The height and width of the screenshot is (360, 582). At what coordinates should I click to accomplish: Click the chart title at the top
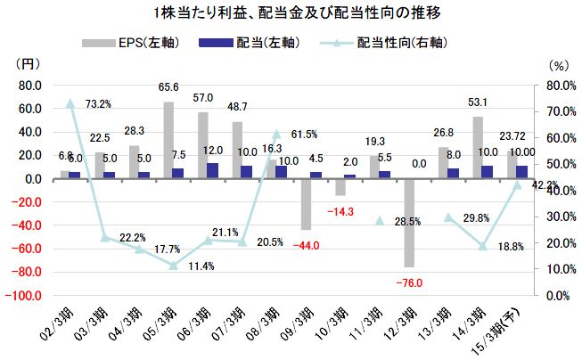pyautogui.click(x=291, y=13)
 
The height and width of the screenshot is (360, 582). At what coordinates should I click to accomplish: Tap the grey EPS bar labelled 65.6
pyautogui.click(x=168, y=140)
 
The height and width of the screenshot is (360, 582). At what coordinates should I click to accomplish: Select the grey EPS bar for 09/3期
pyautogui.click(x=306, y=204)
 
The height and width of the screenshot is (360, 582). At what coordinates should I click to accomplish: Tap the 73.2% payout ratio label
pyautogui.click(x=98, y=104)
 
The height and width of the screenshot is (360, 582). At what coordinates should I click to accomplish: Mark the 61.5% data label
pyautogui.click(x=304, y=135)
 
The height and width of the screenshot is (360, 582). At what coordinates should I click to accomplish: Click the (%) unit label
pyautogui.click(x=559, y=65)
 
